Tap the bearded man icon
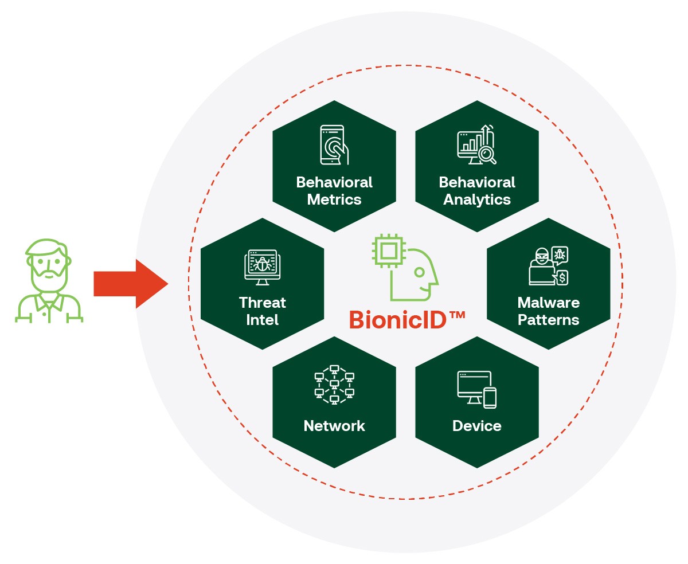(x=49, y=280)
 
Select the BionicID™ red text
(x=406, y=319)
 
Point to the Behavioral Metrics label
(x=334, y=191)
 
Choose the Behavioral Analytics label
(x=477, y=191)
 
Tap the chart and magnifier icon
(x=476, y=144)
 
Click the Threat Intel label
(x=263, y=311)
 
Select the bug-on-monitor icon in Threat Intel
(x=261, y=267)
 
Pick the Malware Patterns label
(x=549, y=311)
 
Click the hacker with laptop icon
(x=548, y=267)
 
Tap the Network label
(x=334, y=426)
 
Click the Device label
(x=477, y=426)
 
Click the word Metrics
(x=334, y=199)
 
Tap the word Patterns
(x=549, y=319)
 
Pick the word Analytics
(x=477, y=199)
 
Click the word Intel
(x=263, y=319)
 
